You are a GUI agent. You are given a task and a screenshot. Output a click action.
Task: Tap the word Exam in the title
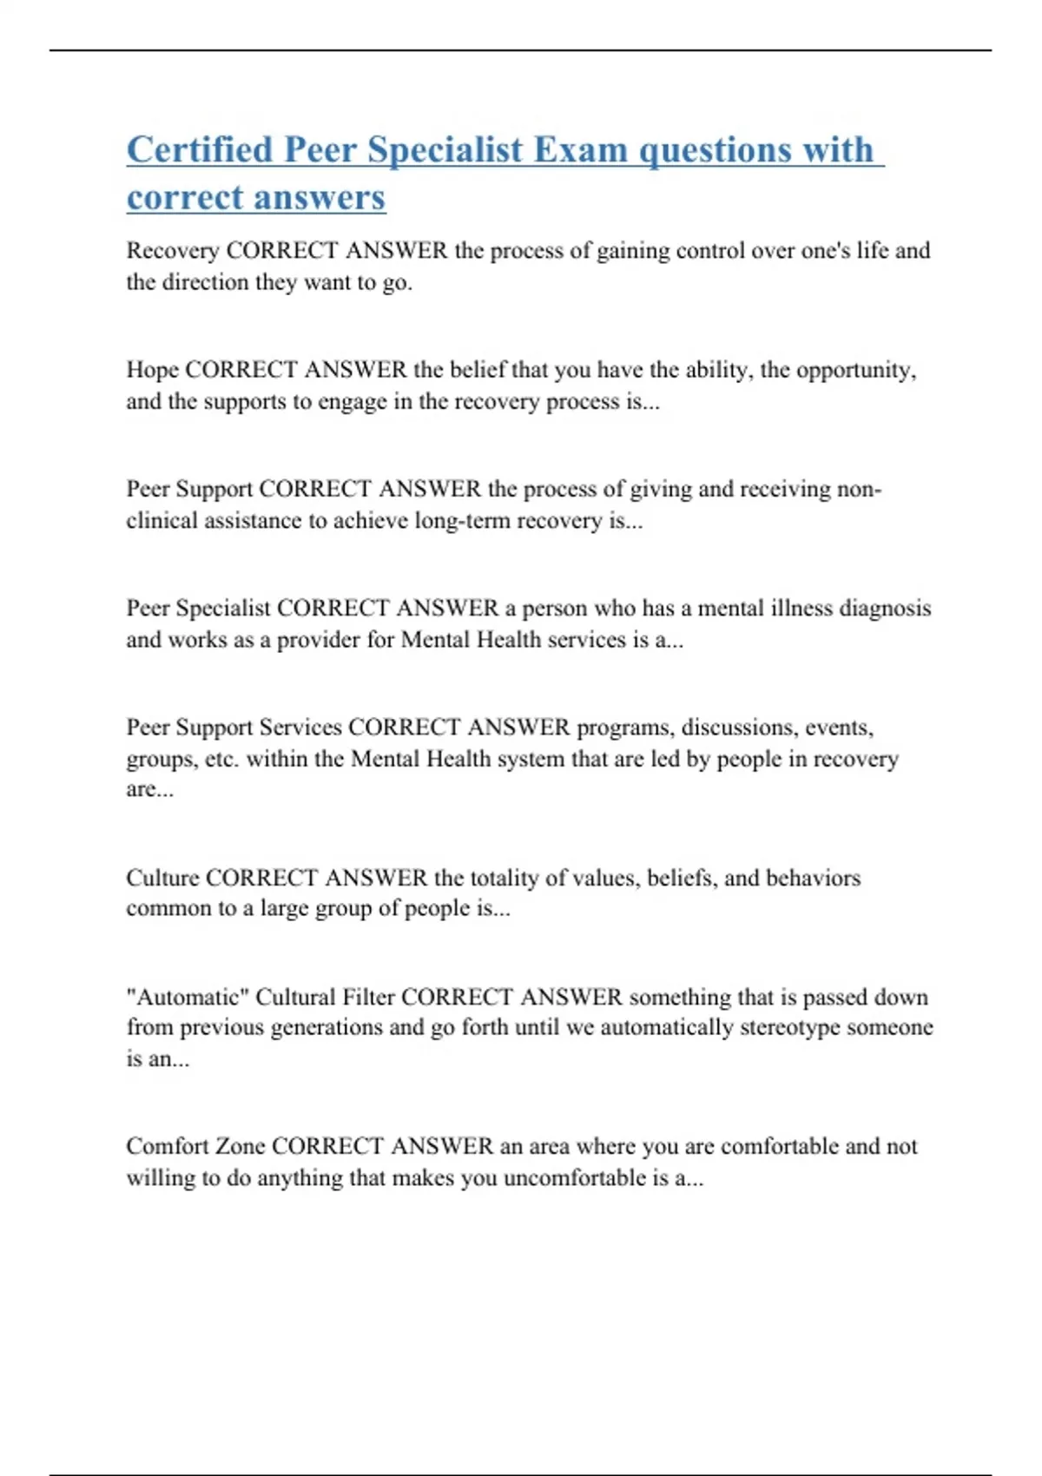pos(580,150)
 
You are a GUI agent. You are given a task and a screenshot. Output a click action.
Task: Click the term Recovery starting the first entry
pos(172,251)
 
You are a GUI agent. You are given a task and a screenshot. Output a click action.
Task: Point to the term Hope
pos(152,370)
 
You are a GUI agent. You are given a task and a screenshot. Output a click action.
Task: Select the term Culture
pos(162,878)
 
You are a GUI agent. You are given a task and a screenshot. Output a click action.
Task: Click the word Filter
pos(368,997)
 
